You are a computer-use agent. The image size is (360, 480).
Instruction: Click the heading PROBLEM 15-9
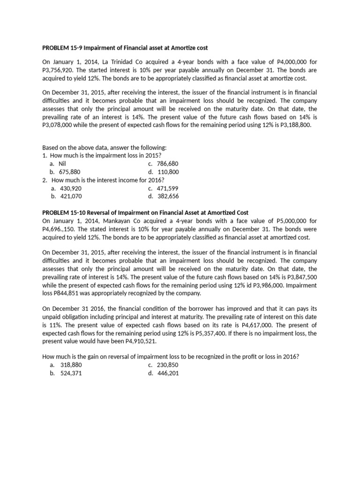(125, 48)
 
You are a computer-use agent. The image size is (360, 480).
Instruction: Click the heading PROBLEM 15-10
(145, 212)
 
